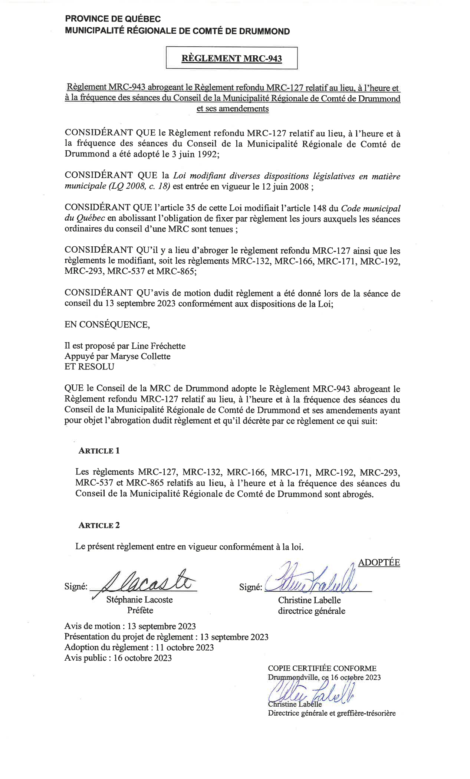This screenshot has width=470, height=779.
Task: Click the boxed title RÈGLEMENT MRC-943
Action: (x=231, y=58)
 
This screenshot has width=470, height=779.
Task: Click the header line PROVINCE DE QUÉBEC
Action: (x=113, y=19)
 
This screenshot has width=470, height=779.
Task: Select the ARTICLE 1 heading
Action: (x=99, y=451)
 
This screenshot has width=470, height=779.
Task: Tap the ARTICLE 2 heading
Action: (x=99, y=525)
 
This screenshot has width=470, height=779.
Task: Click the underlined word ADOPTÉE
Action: (x=379, y=562)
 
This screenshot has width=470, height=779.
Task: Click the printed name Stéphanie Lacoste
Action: (x=139, y=600)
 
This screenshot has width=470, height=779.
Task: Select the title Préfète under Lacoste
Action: (x=140, y=610)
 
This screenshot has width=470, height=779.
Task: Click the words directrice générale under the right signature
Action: (x=312, y=611)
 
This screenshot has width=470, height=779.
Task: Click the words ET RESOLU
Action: (x=89, y=367)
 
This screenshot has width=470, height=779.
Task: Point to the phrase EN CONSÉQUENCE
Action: (x=107, y=325)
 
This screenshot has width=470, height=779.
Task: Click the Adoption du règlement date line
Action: (x=139, y=647)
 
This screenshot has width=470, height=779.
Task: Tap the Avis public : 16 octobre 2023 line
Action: (x=118, y=658)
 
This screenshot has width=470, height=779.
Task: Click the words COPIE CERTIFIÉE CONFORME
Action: (x=322, y=668)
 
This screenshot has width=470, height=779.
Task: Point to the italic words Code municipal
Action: (x=370, y=208)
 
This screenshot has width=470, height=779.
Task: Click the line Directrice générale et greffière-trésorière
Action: (x=332, y=713)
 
